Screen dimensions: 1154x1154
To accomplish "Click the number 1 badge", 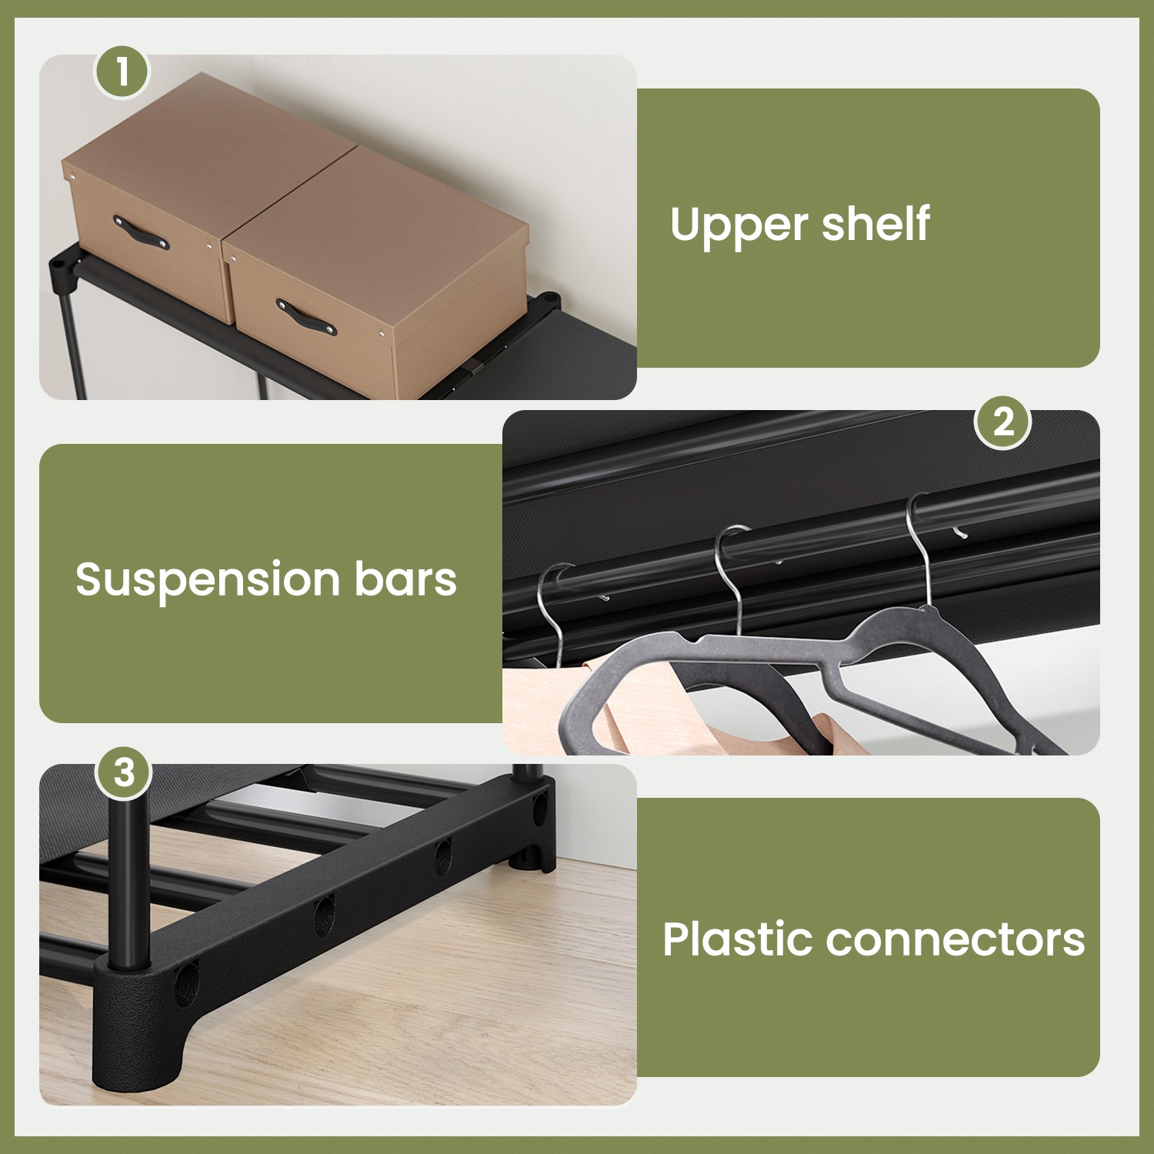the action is click(122, 72).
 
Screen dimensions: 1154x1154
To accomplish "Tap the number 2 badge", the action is click(1002, 422).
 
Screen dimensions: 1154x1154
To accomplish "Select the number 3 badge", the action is click(124, 772).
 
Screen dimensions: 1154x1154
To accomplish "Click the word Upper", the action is click(739, 226).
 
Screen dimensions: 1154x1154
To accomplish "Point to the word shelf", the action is click(876, 223).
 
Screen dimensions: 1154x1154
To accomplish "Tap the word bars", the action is click(405, 579).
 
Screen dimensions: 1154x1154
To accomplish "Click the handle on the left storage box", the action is click(141, 233).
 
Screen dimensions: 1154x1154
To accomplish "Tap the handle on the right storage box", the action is click(306, 316).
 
